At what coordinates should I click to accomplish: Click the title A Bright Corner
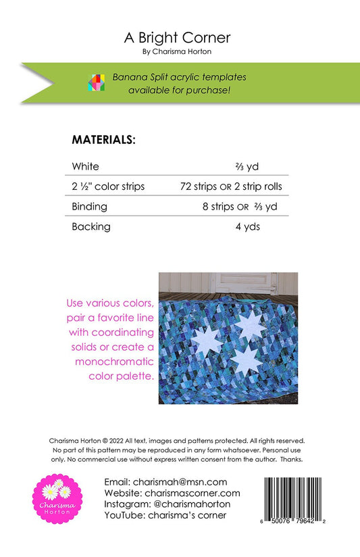(178, 38)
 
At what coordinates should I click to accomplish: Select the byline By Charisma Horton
(178, 51)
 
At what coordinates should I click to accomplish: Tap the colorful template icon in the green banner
(95, 82)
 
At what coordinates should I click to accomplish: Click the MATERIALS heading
(104, 140)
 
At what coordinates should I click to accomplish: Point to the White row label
(85, 166)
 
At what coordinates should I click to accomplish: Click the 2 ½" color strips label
(108, 186)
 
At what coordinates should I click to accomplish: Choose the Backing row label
(91, 226)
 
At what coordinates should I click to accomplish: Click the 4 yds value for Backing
(247, 226)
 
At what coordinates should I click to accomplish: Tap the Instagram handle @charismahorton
(192, 504)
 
